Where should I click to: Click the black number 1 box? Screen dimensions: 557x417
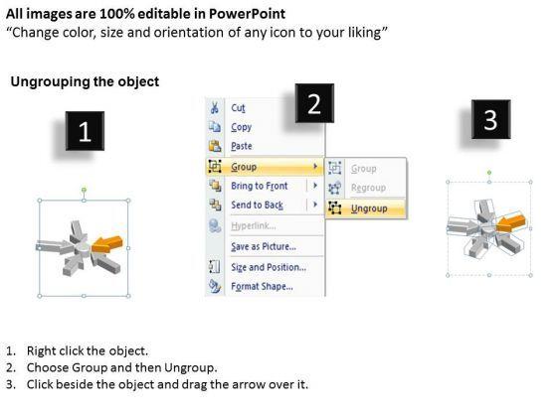[85, 131]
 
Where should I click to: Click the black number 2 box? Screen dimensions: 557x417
[314, 103]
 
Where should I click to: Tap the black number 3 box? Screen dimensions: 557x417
[491, 119]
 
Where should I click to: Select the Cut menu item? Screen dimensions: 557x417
[238, 108]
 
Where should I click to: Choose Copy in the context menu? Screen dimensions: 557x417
[241, 127]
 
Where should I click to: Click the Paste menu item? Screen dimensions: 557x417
[242, 146]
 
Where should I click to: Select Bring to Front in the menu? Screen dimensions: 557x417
[260, 186]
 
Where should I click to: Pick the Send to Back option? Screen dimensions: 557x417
[257, 205]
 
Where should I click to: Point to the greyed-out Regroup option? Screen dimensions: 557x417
[368, 188]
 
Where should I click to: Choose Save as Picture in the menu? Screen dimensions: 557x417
[264, 246]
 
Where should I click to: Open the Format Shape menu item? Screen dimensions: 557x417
[262, 286]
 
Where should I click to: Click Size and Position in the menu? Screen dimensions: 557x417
[269, 267]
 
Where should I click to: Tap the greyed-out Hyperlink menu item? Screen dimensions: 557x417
[254, 226]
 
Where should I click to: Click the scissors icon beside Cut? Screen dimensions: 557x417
[215, 107]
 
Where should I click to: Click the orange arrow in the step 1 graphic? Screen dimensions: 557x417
[106, 244]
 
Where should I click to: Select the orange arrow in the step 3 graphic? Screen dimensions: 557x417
[510, 223]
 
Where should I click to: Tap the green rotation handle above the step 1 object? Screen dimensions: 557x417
[84, 190]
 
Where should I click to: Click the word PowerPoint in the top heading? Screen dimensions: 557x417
[247, 14]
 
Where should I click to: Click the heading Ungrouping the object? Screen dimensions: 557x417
[85, 81]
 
